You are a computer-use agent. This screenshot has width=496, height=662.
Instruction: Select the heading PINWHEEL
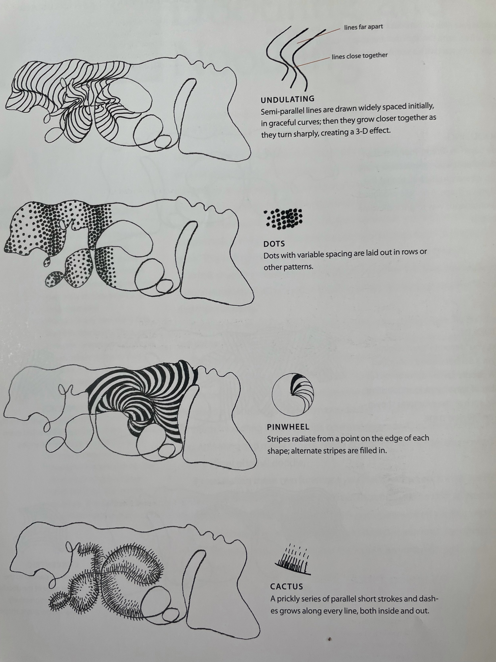coord(288,427)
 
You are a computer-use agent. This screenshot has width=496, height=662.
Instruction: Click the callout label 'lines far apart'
coord(363,27)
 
